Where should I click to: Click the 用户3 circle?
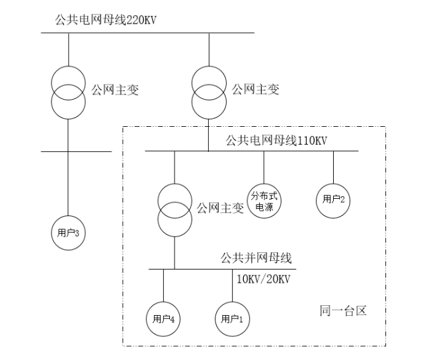point(68,232)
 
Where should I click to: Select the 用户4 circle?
point(163,318)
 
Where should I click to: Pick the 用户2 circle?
point(333,199)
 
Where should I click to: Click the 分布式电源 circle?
point(264,200)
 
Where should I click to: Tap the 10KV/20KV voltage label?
point(263,279)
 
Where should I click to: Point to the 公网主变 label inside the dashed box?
point(220,209)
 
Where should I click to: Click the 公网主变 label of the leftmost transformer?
point(114,89)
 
